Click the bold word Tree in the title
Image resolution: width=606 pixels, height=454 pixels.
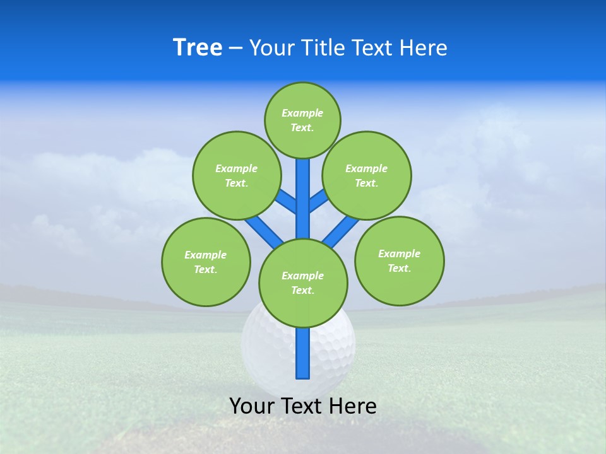(x=198, y=48)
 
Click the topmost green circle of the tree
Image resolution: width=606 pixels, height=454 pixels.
(x=302, y=120)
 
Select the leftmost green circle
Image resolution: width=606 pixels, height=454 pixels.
(x=206, y=262)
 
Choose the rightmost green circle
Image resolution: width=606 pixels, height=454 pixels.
(x=399, y=260)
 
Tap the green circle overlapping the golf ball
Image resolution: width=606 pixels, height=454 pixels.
(x=303, y=283)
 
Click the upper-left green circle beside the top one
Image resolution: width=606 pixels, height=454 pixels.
(x=237, y=175)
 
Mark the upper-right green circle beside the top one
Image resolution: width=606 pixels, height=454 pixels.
(x=367, y=175)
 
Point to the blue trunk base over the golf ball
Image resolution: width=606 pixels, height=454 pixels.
(x=303, y=356)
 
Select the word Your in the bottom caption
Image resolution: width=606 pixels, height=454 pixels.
(x=252, y=406)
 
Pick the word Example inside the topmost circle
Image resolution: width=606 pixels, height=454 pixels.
(x=302, y=113)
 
